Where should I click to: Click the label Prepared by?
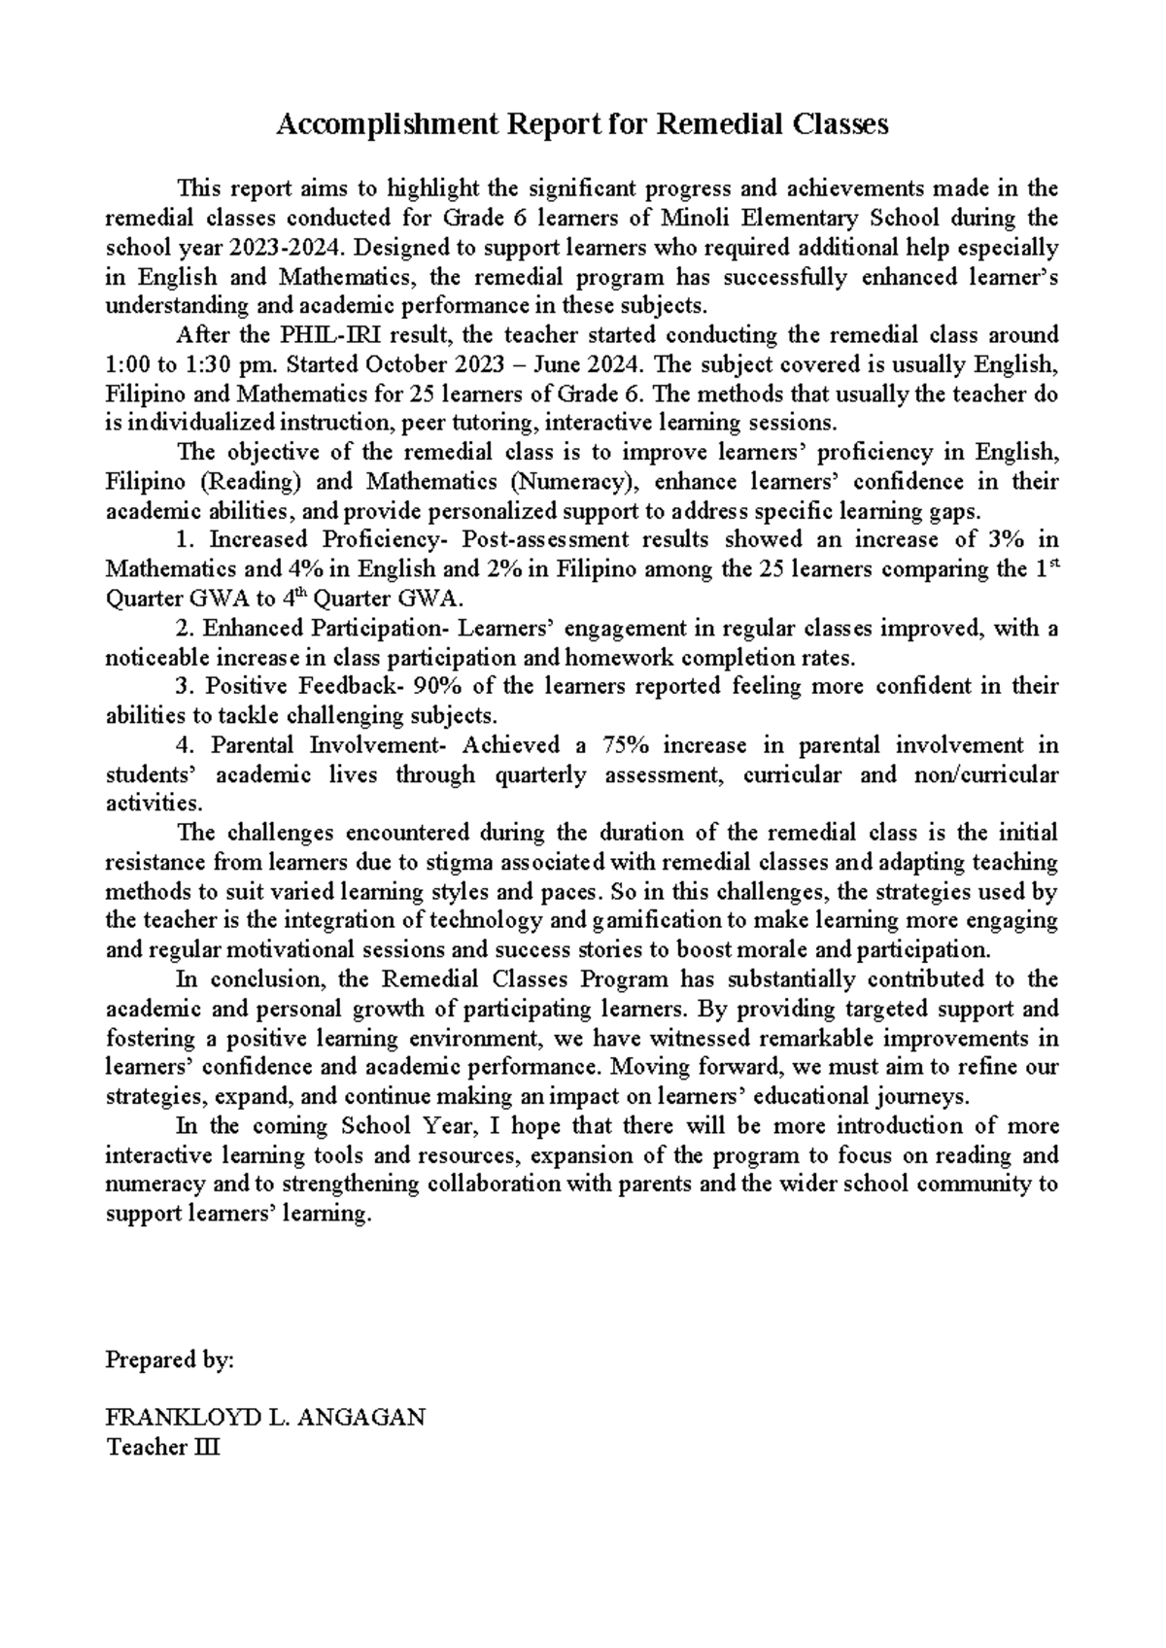169,1360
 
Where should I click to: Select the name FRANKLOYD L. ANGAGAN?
264,1418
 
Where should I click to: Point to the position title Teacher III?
163,1448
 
